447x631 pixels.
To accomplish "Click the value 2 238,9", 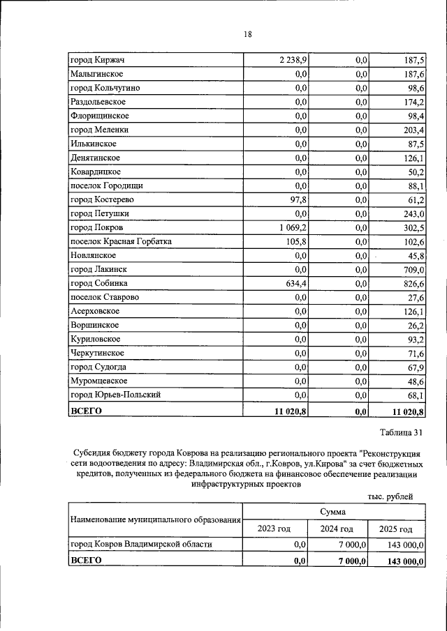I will tap(293, 60).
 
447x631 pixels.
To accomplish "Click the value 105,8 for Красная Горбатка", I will tap(296, 241).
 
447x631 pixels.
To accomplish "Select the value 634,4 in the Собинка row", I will tap(296, 283).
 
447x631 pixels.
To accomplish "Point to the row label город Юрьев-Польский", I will tap(116, 395).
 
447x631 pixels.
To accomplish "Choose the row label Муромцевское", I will tap(98, 381).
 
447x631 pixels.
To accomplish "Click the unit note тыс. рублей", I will tap(390, 496).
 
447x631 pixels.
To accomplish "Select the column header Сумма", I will tap(333, 512).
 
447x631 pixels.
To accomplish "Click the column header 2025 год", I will tap(395, 529).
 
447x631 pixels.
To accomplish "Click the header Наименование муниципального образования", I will tap(154, 520).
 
